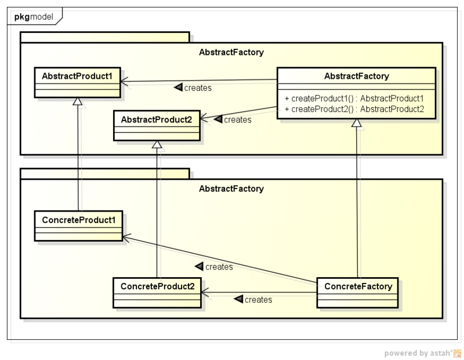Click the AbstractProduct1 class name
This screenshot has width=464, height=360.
point(78,76)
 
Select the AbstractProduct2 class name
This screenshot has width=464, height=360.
point(157,119)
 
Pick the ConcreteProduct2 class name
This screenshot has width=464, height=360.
point(157,286)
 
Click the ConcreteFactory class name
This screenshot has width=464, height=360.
point(358,286)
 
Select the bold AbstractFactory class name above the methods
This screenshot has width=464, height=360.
point(356,76)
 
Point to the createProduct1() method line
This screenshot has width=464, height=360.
point(354,99)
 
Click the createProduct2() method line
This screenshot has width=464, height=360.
point(354,109)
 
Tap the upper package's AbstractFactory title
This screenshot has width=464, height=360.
point(231,52)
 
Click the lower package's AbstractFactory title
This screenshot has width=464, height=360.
point(231,188)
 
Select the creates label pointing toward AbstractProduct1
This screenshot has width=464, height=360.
point(193,88)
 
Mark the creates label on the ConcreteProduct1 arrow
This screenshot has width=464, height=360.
point(214,267)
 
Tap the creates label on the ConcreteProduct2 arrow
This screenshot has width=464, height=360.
point(253,300)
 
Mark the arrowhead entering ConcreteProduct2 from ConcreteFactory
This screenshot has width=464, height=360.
point(205,292)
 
